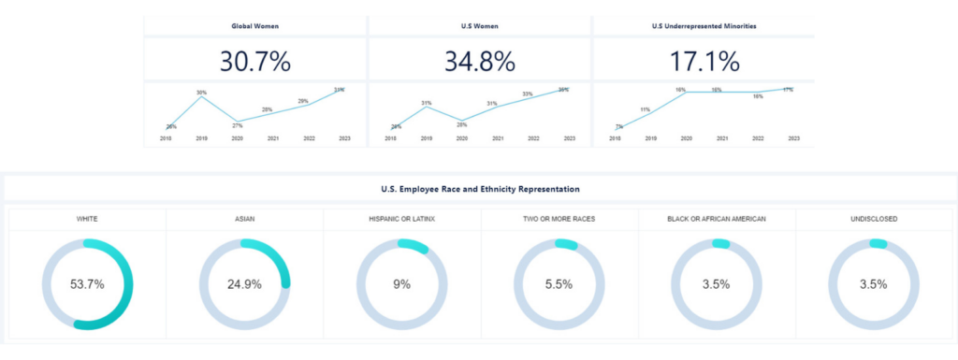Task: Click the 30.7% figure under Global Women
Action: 254,62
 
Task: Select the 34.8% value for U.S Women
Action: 479,62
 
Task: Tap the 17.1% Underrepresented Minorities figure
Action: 704,62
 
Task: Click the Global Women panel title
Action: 254,26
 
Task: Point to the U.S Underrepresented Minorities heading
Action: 704,26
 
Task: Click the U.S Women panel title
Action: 479,26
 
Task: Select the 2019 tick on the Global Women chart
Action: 201,138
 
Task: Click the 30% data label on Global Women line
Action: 201,92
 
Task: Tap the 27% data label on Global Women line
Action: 237,124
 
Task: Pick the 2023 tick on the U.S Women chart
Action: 569,138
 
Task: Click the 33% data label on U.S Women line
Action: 528,94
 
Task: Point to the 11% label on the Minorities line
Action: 645,109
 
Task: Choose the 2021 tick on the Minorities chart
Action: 722,138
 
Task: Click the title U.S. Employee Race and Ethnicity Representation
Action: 479,189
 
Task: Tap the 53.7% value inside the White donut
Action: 87,284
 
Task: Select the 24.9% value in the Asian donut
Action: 244,284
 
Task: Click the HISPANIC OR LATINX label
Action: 401,219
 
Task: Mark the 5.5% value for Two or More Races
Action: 559,284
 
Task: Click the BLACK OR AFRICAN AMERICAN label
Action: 717,219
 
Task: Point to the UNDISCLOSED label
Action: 874,219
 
